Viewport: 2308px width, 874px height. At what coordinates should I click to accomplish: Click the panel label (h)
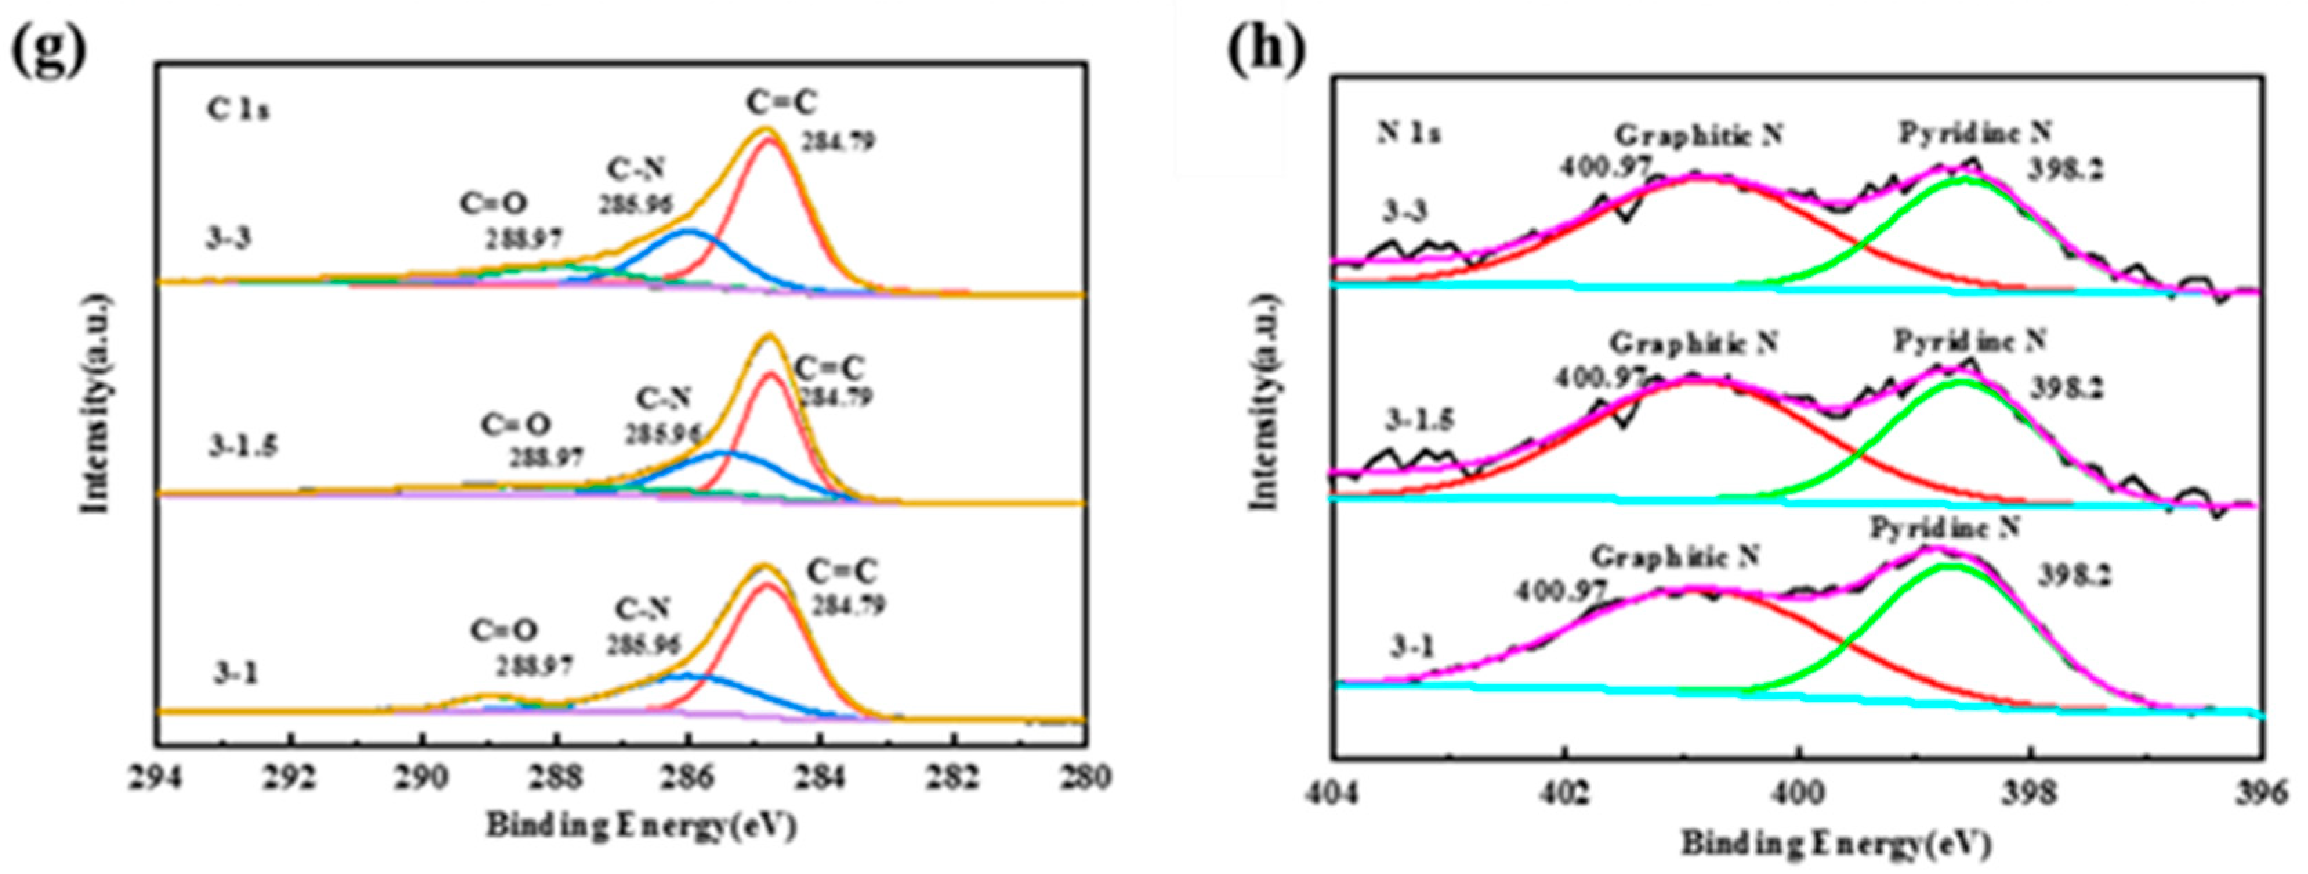point(1266,48)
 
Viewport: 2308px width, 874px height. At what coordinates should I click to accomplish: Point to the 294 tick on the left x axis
point(157,777)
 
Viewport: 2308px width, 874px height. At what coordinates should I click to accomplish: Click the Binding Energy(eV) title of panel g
point(641,826)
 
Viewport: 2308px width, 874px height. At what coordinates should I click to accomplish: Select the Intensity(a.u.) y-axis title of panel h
point(1263,401)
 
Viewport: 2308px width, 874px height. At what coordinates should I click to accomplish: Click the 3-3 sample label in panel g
point(228,240)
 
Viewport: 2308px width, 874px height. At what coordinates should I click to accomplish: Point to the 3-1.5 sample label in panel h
point(1419,419)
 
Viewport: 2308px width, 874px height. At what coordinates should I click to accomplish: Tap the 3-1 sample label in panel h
point(1411,647)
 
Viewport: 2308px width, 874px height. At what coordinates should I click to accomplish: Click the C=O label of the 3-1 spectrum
point(504,631)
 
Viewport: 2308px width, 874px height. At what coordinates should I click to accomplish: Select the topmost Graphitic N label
point(1699,135)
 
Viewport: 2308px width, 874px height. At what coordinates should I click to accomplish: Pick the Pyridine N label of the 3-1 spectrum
point(1944,528)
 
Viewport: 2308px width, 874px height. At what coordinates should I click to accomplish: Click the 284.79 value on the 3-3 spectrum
point(838,142)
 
